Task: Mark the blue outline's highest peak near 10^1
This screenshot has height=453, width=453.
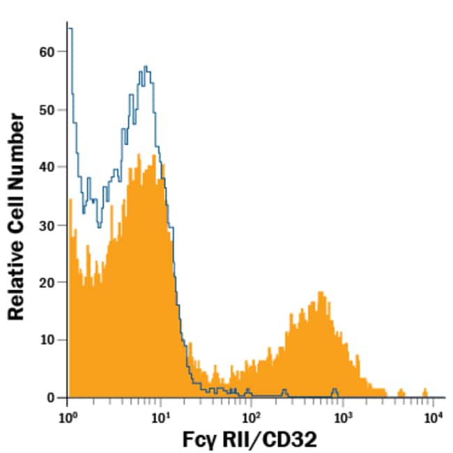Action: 145,67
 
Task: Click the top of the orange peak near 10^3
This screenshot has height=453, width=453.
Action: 320,293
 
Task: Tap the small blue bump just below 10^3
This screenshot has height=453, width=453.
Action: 335,390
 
